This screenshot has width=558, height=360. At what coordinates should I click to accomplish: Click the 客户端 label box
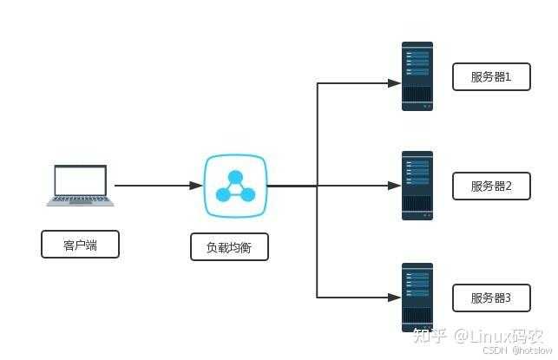click(x=80, y=245)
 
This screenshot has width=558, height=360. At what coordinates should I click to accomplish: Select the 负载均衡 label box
click(x=229, y=247)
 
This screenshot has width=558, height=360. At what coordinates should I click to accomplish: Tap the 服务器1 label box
click(x=491, y=77)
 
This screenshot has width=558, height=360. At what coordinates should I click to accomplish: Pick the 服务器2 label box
click(x=491, y=186)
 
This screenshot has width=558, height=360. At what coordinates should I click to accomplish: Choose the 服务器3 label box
click(x=491, y=298)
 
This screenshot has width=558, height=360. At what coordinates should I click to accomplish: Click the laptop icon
click(x=80, y=186)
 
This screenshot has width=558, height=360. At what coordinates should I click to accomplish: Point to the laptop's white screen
click(x=81, y=180)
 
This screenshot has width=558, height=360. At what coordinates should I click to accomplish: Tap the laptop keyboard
click(x=81, y=200)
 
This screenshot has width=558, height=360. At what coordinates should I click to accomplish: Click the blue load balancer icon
click(x=235, y=186)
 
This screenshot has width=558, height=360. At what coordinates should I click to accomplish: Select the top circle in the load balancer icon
click(x=235, y=177)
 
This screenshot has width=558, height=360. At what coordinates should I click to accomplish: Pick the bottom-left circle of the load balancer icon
click(x=223, y=194)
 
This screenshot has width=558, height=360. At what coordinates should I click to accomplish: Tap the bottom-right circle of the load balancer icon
click(x=247, y=194)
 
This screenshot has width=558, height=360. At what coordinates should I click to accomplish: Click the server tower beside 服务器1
click(x=417, y=76)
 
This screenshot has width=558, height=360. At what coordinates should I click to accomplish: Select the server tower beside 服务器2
click(x=417, y=186)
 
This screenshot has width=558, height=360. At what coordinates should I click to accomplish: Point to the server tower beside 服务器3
click(x=417, y=298)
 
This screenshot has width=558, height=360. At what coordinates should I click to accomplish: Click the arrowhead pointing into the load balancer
click(x=196, y=186)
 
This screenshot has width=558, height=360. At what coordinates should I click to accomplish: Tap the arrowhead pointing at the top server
click(x=394, y=83)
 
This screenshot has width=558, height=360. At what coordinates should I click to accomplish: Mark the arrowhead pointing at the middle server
click(x=394, y=186)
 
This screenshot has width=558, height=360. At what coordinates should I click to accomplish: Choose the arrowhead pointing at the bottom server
click(x=394, y=298)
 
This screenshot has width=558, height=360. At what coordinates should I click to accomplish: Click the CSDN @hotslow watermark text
click(x=517, y=350)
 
